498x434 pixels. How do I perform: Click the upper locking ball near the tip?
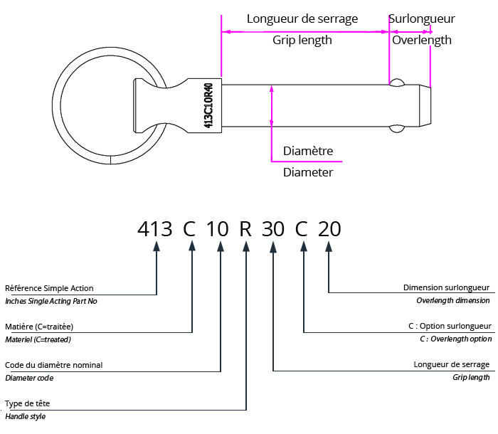point(397,83)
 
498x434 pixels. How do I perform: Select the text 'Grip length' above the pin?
point(302,40)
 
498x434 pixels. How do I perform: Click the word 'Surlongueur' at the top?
point(422,18)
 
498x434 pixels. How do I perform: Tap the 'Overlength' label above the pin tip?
point(422,40)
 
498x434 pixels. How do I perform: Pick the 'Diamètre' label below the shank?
point(308,151)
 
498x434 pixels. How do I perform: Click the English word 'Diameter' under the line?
point(308,172)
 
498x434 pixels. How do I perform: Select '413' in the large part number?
point(155,229)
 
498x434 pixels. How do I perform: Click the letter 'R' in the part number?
point(245,229)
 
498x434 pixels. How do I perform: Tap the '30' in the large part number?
point(273,229)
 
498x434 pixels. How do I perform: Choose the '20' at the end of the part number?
point(329,229)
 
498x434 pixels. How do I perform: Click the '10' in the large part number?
point(218,229)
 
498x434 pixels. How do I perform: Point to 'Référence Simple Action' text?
point(49,288)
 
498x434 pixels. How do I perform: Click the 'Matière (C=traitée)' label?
point(39,327)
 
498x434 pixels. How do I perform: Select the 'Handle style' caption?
point(26,416)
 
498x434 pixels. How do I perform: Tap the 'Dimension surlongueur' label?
point(446,288)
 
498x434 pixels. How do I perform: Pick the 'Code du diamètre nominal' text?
point(53,365)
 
